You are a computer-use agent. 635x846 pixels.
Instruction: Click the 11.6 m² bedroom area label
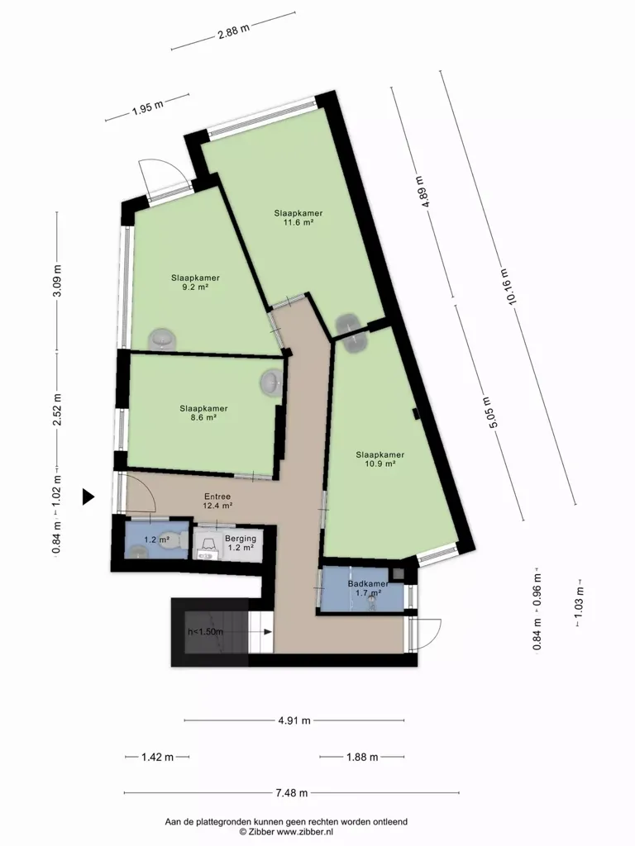[x=298, y=217]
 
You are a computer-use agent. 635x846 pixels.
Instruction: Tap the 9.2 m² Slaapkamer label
[x=195, y=283]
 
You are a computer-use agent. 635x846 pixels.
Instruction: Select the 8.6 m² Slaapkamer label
[x=203, y=413]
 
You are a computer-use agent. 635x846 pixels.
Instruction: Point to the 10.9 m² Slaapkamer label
[x=380, y=459]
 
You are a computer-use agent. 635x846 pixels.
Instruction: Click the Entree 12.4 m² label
[x=217, y=501]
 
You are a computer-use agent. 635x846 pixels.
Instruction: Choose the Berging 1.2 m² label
[x=241, y=543]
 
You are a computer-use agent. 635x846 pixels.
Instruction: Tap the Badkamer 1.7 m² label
[x=368, y=588]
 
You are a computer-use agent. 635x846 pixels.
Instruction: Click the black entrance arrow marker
[x=88, y=497]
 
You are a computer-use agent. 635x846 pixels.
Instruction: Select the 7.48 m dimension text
[x=292, y=792]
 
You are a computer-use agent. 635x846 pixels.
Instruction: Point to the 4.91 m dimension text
[x=294, y=720]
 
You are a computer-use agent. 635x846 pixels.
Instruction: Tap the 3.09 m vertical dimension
[x=57, y=281]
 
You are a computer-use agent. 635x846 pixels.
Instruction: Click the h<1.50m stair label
[x=205, y=631]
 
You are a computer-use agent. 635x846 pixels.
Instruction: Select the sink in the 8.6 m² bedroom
[x=271, y=383]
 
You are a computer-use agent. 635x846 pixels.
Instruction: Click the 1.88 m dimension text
[x=362, y=757]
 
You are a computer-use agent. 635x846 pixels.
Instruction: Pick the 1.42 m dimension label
[x=157, y=757]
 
